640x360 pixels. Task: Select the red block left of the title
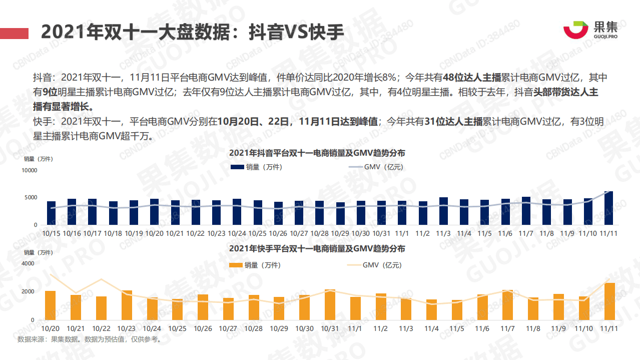click(14, 33)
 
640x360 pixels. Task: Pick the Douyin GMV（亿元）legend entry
click(376, 167)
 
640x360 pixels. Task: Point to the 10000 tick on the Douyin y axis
click(29, 171)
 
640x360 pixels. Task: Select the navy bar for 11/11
click(608, 208)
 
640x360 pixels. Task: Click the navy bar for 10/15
click(51, 213)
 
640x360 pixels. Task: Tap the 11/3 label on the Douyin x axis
click(443, 234)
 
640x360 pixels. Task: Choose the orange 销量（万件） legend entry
click(255, 265)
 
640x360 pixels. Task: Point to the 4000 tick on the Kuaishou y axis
click(28, 263)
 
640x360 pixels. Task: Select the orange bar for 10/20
click(50, 305)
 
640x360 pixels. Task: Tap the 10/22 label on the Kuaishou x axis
click(101, 328)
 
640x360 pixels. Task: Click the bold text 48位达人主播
click(472, 78)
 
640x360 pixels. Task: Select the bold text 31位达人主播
click(453, 122)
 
